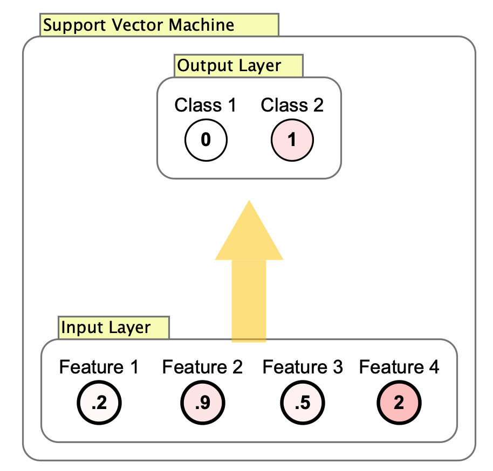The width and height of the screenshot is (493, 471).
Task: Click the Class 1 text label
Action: coord(206,105)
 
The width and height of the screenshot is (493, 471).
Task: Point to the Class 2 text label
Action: coord(292,105)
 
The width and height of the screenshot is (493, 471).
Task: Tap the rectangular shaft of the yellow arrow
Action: coord(249,299)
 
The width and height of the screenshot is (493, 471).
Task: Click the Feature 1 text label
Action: coord(99,368)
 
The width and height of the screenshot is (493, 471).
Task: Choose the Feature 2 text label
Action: coord(202,368)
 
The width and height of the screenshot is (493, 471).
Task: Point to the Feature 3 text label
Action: coord(302,368)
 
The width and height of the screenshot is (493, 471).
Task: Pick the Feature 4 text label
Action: coord(399,368)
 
